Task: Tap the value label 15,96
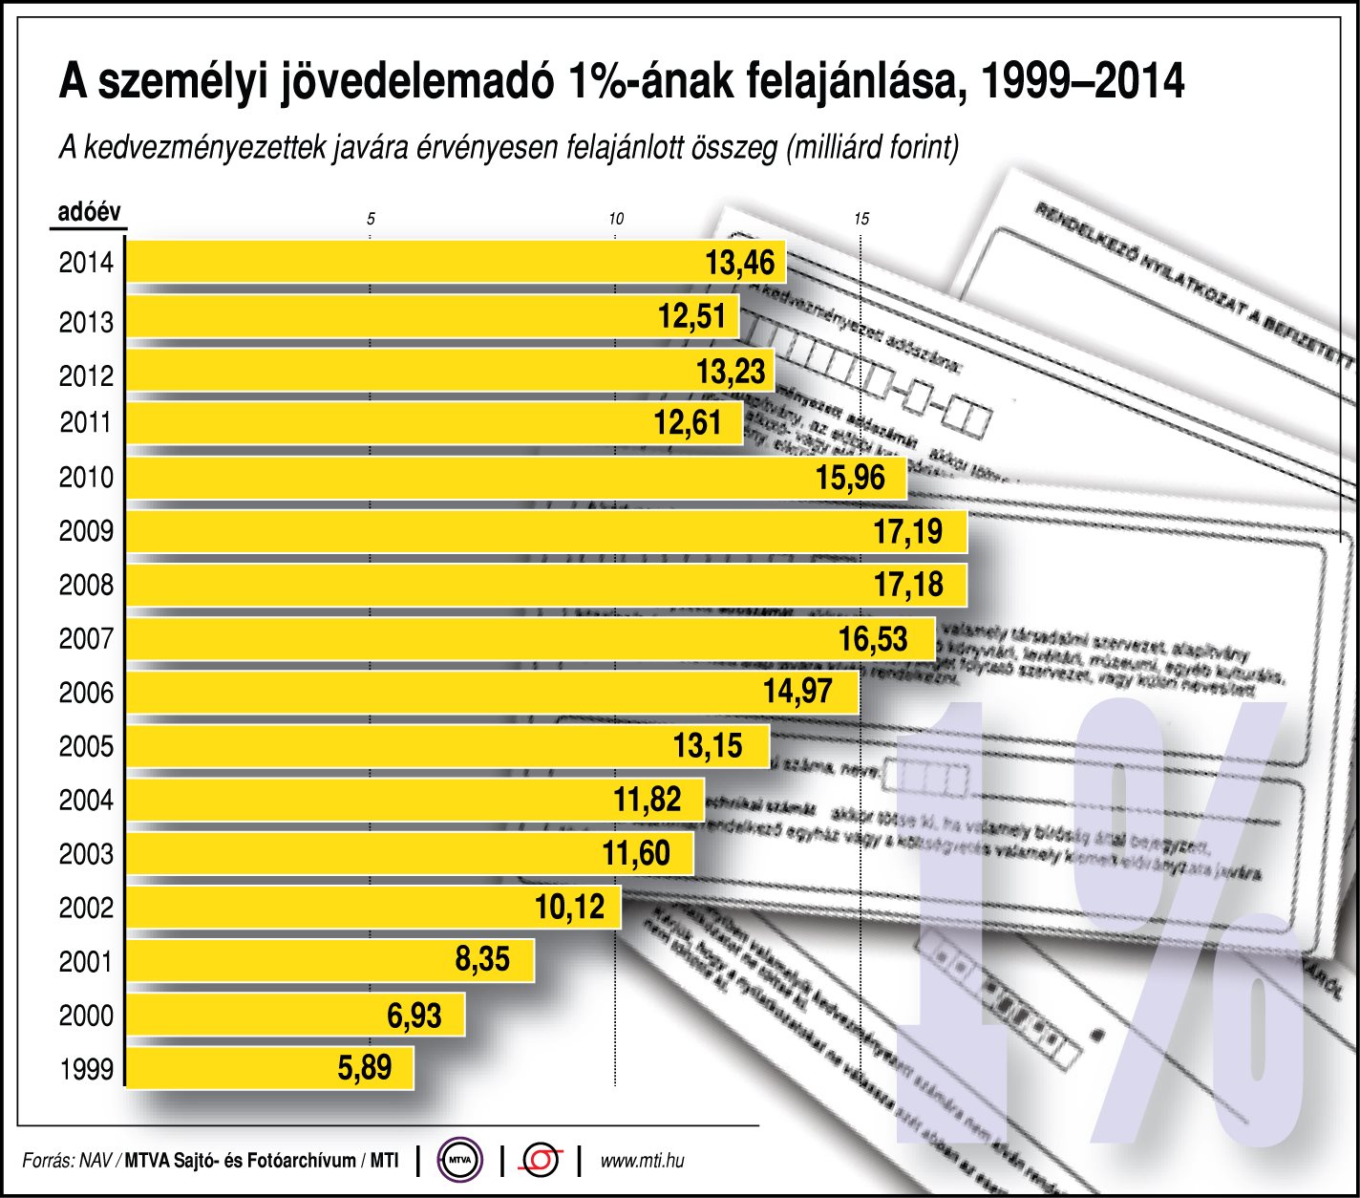tap(851, 478)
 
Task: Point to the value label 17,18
tap(908, 585)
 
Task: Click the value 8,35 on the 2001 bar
tap(482, 959)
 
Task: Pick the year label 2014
tap(86, 263)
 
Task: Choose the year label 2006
tap(86, 693)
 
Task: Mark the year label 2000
tap(86, 1016)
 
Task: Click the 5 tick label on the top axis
tap(371, 220)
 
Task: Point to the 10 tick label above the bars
tap(616, 220)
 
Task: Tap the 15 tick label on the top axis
tap(861, 220)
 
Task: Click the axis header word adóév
tap(89, 212)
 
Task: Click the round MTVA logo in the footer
tap(460, 1161)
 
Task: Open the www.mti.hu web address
tap(642, 1162)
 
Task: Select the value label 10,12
tap(569, 907)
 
